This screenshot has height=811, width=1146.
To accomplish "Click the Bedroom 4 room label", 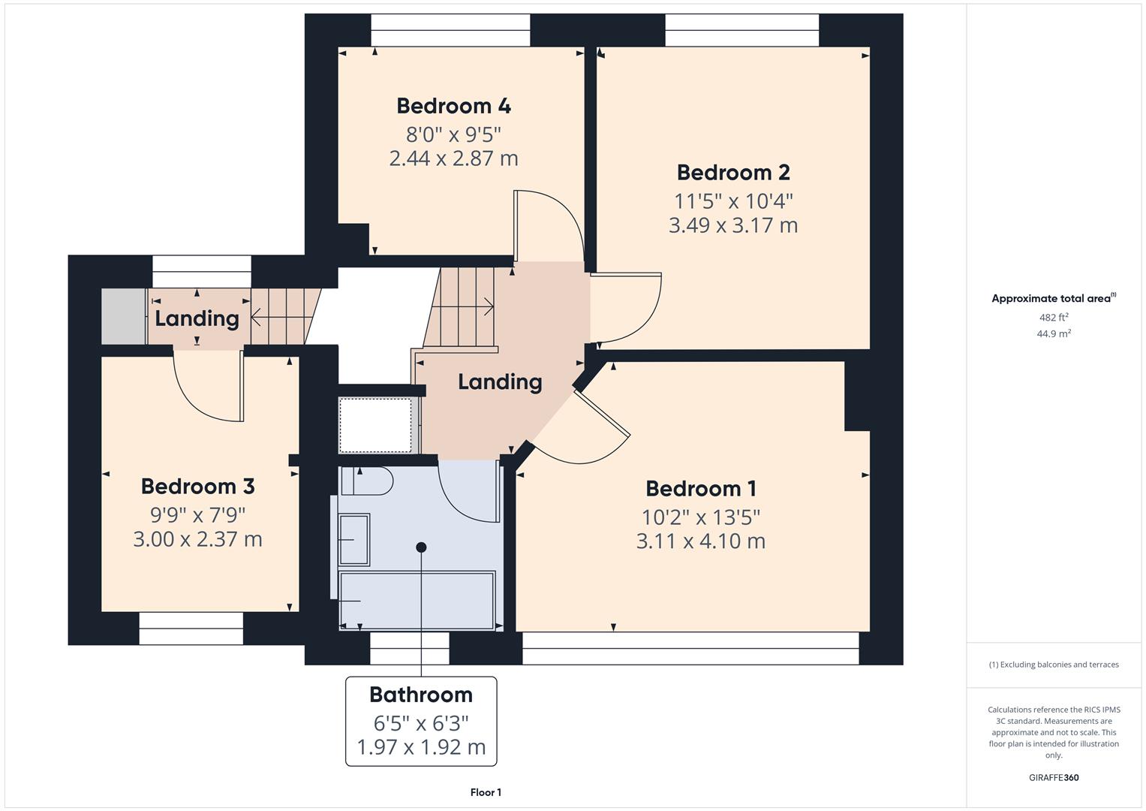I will tap(453, 106).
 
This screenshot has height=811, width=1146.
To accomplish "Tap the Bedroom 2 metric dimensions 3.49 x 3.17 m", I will tap(732, 225).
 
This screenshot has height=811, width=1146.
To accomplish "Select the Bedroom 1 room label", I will tap(700, 489).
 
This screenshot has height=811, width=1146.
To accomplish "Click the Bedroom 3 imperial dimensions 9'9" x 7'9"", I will tap(197, 515).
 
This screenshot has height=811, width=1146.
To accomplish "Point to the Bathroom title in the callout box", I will tap(420, 695).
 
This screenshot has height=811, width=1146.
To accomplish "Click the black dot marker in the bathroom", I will tap(421, 547).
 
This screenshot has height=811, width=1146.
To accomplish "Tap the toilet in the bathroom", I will tap(367, 481).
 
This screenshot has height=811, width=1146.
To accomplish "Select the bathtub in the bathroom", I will tap(417, 600).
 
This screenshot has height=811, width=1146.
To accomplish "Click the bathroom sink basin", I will tap(354, 539).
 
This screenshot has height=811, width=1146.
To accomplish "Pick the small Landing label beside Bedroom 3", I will tap(197, 318).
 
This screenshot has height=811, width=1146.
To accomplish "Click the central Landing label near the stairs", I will tap(500, 382).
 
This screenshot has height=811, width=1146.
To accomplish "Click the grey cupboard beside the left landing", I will tap(123, 316).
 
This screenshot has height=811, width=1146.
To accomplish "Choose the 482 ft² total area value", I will tap(1053, 318).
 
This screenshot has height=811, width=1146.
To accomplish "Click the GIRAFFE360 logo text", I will tap(1053, 777).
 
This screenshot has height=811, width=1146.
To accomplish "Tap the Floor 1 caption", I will tap(486, 792).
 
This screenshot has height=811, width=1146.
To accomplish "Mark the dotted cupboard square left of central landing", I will tap(375, 425).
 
